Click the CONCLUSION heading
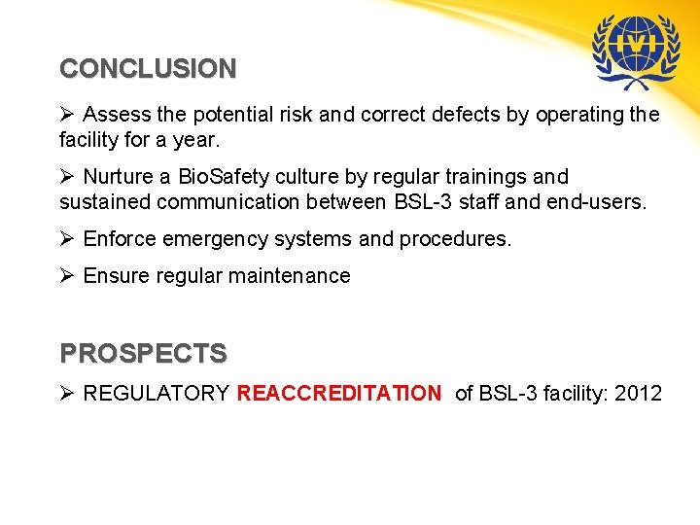(148, 69)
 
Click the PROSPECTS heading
(143, 353)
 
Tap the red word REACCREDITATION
(338, 394)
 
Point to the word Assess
(116, 115)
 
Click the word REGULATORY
(157, 394)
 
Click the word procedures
(459, 239)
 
